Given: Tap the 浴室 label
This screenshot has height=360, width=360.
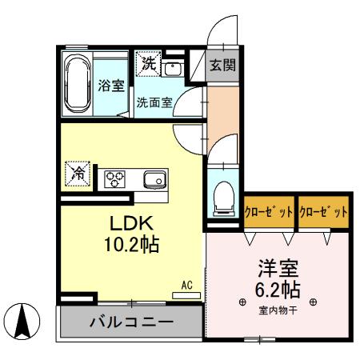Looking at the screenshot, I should click(x=111, y=86).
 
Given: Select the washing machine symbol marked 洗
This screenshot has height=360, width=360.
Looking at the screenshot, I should click(x=149, y=62).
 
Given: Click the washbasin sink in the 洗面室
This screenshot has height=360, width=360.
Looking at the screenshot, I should click(x=173, y=68).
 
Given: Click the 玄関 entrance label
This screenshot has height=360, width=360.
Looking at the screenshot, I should click(x=223, y=66).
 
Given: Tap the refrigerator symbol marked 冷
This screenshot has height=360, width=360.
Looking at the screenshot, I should click(x=78, y=172).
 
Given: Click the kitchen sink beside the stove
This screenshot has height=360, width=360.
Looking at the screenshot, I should click(x=153, y=178).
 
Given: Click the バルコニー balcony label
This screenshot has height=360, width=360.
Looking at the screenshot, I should click(x=130, y=323).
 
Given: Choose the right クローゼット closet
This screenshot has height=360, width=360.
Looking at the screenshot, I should click(x=324, y=213).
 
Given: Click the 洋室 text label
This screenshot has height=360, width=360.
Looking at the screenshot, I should click(x=277, y=266).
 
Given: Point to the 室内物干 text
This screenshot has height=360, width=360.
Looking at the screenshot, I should click(x=277, y=310).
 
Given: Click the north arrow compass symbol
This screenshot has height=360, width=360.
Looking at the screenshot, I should click(x=25, y=322).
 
